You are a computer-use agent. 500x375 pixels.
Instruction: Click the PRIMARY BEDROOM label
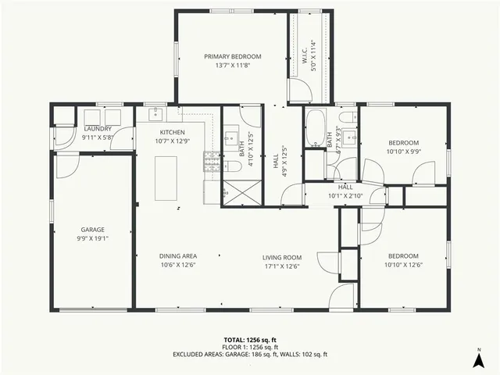[x=233, y=56]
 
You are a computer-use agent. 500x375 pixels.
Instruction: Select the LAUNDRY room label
[x=97, y=129]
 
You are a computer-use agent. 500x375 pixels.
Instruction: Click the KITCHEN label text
[x=172, y=133]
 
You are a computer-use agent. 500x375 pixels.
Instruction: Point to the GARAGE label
[x=92, y=230]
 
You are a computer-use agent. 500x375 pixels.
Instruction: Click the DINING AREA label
[x=178, y=256]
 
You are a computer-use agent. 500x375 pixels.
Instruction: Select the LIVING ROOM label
[x=281, y=257]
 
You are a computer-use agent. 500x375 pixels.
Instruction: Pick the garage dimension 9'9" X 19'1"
[x=92, y=238]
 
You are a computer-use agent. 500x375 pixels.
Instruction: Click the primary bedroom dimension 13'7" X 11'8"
[x=233, y=66]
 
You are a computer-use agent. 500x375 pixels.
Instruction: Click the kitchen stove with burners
[x=209, y=162]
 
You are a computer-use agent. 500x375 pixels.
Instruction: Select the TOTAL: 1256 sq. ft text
[x=250, y=340]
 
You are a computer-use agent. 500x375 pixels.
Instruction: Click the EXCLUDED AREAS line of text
[x=250, y=354]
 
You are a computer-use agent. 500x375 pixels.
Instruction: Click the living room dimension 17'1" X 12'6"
[x=281, y=265]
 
